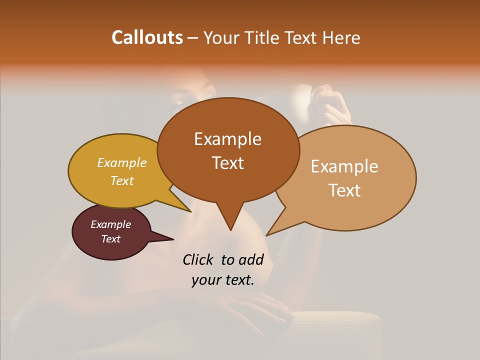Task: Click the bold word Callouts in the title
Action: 147,37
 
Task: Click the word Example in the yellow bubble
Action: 122,163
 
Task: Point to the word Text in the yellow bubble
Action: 122,181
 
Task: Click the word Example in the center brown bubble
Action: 227,139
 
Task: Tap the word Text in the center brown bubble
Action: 227,163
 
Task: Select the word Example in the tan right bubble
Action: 344,166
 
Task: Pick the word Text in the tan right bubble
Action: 344,190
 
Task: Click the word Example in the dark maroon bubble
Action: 110,224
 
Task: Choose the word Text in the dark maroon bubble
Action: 110,239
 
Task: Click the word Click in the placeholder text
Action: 198,259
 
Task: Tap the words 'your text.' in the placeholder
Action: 222,280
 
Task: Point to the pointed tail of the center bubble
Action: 230,225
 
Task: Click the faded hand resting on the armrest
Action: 260,307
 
